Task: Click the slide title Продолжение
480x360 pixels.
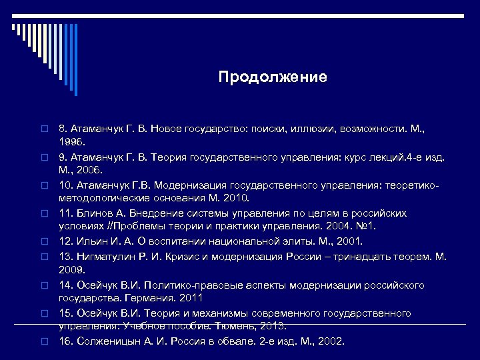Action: click(273, 77)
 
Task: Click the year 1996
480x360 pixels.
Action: click(72, 142)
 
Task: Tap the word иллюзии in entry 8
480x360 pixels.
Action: click(309, 127)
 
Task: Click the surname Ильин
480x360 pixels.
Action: click(93, 241)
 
